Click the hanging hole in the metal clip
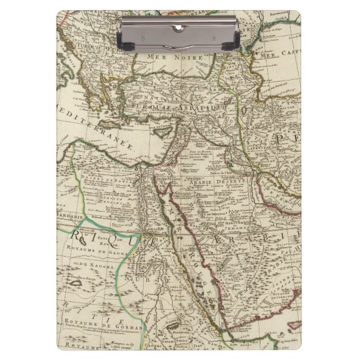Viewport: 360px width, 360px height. tap(179, 27)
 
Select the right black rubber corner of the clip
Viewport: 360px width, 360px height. tap(235, 40)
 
